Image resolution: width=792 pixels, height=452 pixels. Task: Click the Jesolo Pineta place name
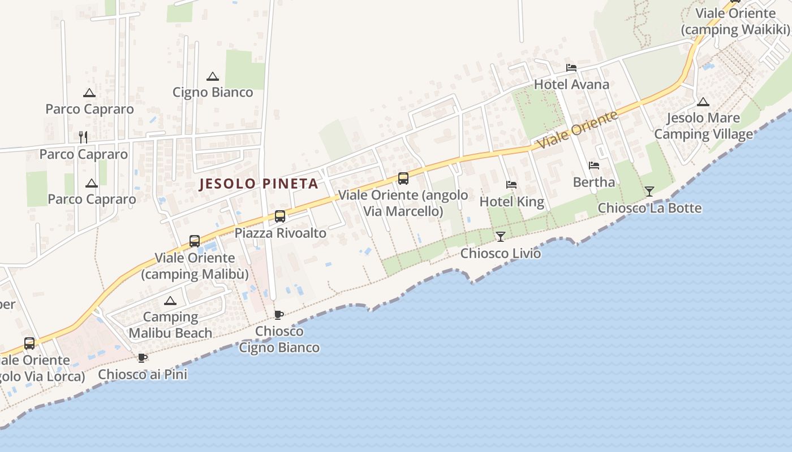(259, 184)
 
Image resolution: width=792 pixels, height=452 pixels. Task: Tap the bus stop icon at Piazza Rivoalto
(280, 216)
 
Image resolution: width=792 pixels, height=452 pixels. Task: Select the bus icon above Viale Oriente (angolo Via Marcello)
(403, 179)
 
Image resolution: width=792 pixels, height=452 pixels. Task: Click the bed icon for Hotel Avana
(571, 68)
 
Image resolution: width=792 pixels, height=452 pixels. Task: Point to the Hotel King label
(511, 202)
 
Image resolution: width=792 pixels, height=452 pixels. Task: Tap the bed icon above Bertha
(594, 166)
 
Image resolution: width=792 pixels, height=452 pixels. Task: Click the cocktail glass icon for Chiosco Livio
(501, 236)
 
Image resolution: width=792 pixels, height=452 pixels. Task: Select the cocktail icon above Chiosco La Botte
(649, 191)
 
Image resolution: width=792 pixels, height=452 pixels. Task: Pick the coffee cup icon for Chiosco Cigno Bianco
(278, 315)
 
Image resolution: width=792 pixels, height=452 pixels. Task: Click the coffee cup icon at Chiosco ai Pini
(143, 358)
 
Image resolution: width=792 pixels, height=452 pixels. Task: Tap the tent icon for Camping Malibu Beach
(170, 301)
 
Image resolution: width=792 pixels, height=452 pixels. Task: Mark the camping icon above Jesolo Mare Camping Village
(703, 102)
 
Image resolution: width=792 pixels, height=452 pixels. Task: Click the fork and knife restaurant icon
(83, 137)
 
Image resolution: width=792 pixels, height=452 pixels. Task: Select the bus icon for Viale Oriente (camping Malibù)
(195, 241)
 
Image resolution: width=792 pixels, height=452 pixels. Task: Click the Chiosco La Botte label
(649, 208)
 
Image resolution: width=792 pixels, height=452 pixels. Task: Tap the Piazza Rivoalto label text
(281, 233)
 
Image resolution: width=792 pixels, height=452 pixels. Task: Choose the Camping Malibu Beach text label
(170, 325)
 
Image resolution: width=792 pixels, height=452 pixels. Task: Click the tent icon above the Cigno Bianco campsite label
(213, 76)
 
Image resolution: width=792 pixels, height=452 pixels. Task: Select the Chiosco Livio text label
(501, 253)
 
